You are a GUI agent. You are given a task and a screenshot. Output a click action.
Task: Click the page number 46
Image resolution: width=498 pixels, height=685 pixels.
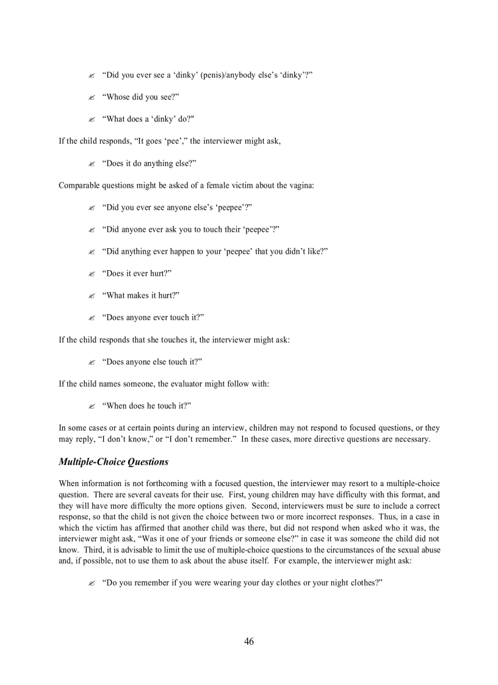(249, 641)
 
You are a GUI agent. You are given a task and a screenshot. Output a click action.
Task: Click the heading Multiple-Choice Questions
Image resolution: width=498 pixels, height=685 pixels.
(114, 462)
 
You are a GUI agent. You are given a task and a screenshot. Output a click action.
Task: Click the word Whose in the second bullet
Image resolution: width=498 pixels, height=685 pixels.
(116, 97)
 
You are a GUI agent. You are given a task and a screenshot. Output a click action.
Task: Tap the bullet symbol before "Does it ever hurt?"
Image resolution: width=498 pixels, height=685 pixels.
(92, 274)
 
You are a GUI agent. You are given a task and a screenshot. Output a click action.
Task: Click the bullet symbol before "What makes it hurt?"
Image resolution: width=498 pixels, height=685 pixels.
(92, 296)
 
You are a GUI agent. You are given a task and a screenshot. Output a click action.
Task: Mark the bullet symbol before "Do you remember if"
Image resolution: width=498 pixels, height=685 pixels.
(92, 583)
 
